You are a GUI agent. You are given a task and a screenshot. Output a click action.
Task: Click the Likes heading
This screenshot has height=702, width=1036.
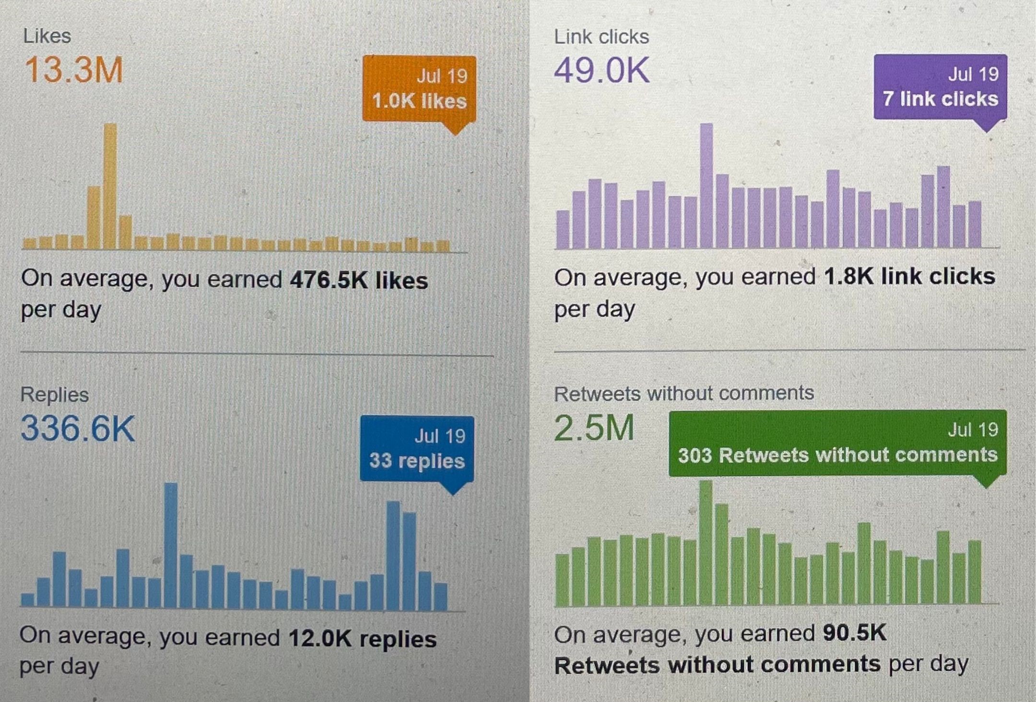[47, 36]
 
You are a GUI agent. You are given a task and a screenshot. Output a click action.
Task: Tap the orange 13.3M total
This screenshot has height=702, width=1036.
[74, 70]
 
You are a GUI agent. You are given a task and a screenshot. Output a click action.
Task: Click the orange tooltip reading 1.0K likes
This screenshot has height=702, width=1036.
[419, 89]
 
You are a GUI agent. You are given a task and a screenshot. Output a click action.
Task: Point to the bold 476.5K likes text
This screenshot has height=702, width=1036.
[359, 280]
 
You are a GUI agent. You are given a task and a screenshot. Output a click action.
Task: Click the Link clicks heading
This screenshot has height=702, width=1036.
[601, 37]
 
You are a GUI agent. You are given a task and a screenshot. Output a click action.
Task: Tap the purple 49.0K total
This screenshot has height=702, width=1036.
[602, 70]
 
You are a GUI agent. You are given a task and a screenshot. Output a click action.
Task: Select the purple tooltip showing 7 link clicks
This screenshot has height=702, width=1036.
[940, 87]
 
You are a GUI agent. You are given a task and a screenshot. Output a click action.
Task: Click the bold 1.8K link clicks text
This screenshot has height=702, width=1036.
[909, 277]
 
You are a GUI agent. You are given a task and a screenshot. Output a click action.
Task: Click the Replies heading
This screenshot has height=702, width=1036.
[55, 395]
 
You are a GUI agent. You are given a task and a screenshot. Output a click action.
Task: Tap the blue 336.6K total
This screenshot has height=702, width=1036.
[78, 428]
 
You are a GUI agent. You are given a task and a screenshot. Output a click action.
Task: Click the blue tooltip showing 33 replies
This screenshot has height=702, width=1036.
[417, 449]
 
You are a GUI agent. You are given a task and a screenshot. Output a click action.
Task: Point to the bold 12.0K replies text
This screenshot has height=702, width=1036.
[363, 639]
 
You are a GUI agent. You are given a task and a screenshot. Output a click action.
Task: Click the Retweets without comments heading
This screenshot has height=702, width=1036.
[684, 393]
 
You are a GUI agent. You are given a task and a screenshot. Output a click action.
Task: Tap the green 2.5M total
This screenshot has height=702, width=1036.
[594, 428]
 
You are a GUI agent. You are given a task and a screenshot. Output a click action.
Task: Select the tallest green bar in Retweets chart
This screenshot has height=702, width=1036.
[706, 543]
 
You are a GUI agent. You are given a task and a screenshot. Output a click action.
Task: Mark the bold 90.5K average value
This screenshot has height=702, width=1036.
[855, 633]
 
